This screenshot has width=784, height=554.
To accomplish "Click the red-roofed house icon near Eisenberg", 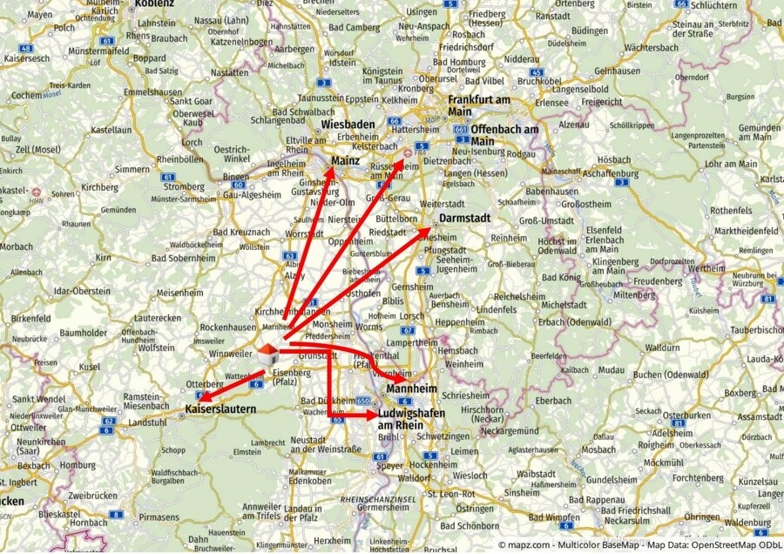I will click(268, 353).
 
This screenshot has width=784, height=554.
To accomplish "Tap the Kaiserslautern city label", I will click(220, 408).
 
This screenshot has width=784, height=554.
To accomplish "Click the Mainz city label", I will click(346, 160).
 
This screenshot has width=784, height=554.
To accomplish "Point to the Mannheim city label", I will click(412, 388).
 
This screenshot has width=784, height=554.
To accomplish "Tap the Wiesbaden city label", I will click(348, 125).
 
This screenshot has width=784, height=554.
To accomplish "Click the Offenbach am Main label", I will click(506, 135).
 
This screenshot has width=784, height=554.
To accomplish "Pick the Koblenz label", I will click(154, 3).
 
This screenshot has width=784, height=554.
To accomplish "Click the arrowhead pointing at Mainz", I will click(333, 158).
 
